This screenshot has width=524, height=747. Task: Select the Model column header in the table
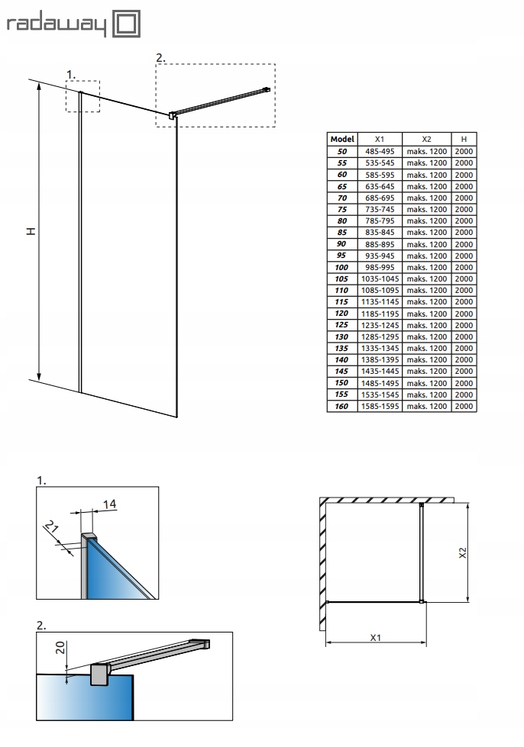click(341, 140)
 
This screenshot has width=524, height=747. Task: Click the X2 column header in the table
click(426, 140)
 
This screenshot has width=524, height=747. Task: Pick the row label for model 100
click(341, 267)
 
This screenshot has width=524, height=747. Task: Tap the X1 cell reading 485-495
click(380, 151)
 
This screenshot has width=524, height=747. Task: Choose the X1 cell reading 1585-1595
click(380, 407)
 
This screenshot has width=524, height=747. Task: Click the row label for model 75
click(341, 209)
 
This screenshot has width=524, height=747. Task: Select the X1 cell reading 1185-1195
click(380, 314)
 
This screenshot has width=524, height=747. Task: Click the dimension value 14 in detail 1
click(109, 504)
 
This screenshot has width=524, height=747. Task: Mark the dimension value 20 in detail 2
click(60, 649)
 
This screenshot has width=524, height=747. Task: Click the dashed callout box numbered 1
click(82, 96)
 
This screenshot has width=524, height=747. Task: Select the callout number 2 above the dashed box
click(160, 57)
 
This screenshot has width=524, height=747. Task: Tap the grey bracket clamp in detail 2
click(99, 675)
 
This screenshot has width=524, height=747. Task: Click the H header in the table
click(464, 140)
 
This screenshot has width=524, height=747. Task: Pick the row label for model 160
click(341, 407)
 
